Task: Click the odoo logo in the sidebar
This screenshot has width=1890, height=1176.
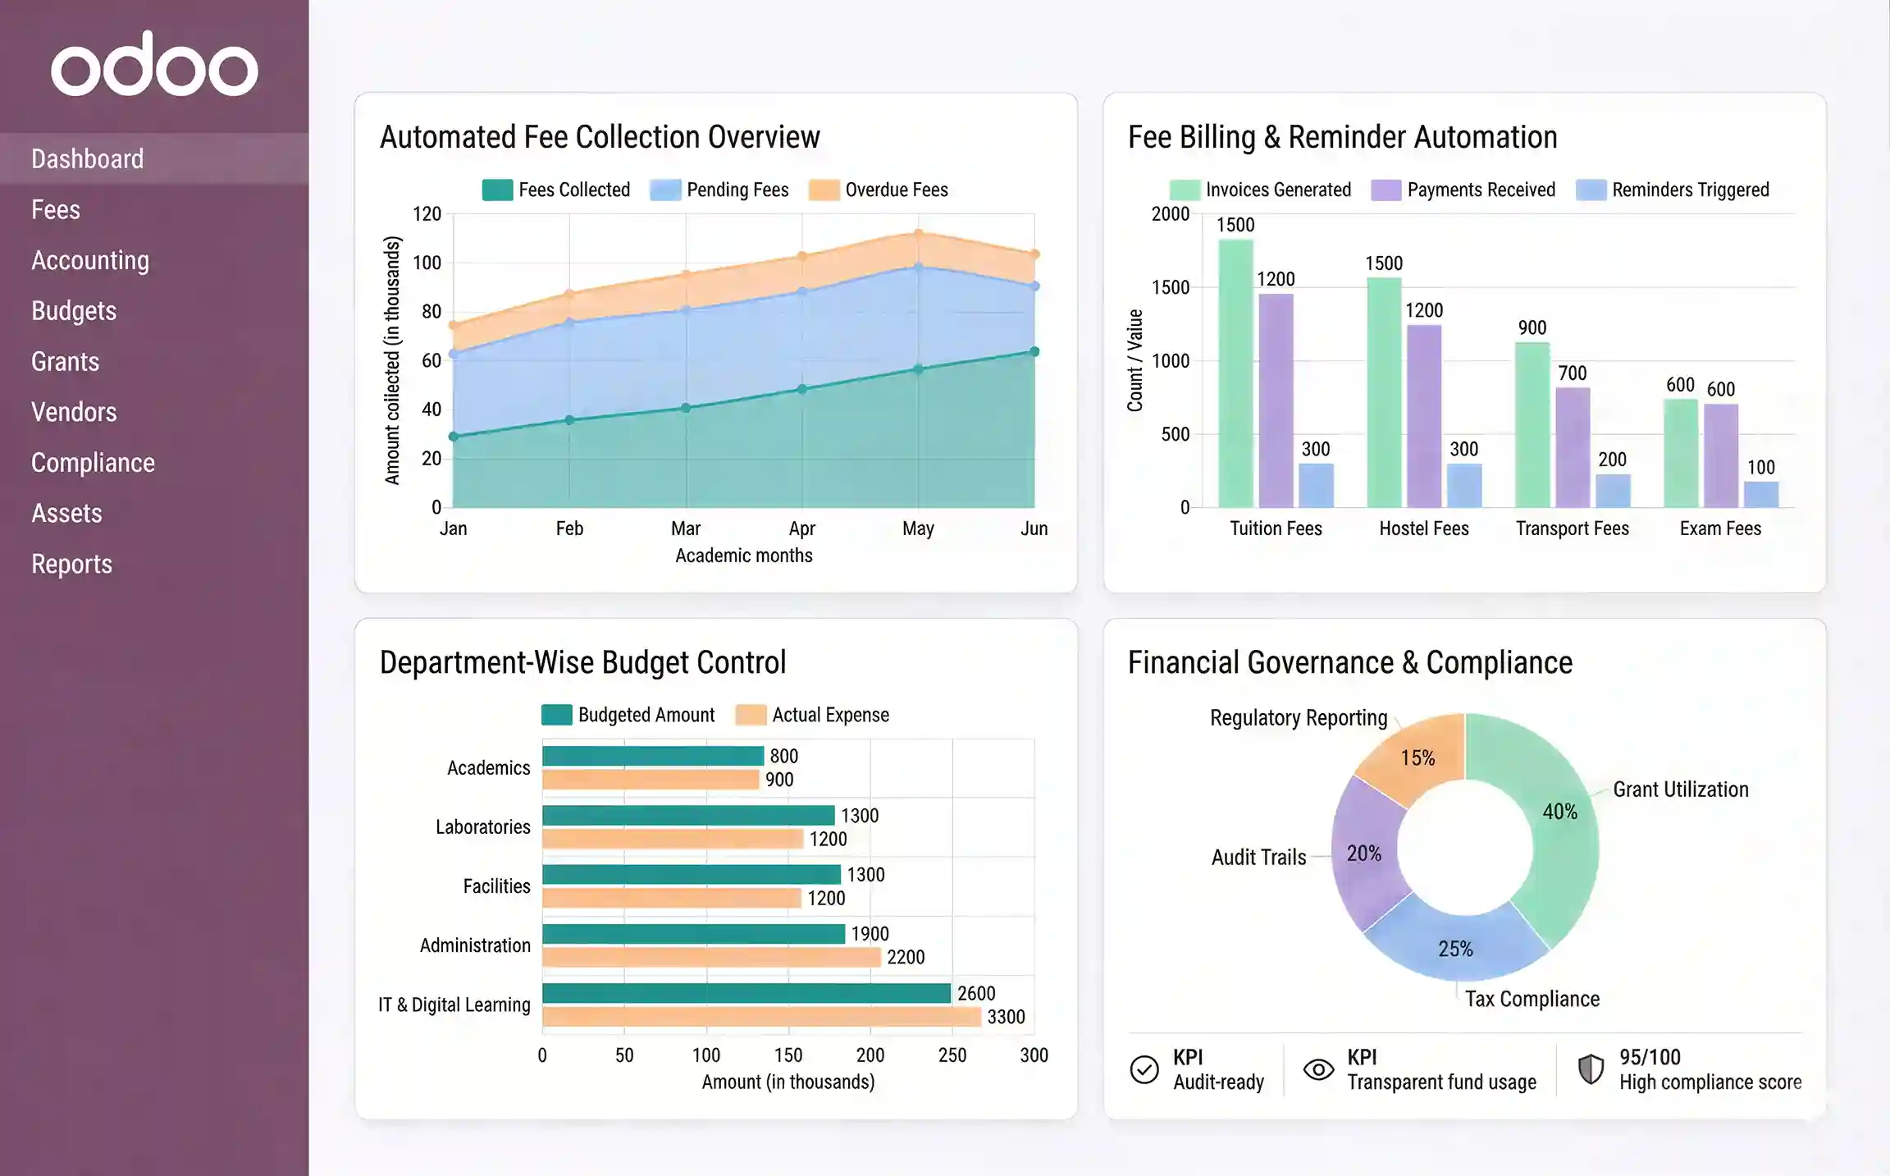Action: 154,65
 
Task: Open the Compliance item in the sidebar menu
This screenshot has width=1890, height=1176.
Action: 93,463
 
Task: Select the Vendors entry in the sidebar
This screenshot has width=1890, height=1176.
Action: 74,412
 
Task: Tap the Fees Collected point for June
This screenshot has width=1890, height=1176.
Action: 1034,351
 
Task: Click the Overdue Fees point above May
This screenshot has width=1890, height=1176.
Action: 918,234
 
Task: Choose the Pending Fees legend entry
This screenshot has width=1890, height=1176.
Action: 719,190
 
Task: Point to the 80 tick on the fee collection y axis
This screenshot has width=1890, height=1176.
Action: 431,312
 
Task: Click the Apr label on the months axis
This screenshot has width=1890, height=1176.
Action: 801,529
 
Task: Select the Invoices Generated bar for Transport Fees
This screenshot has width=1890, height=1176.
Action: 1532,425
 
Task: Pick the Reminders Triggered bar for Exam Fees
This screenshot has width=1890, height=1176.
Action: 1760,494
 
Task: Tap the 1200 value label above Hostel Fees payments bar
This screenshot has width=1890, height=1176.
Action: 1424,310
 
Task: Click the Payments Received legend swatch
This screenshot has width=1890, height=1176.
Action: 1386,190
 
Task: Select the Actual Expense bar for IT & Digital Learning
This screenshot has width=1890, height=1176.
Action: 761,1017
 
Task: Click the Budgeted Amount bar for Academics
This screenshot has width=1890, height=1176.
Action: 653,756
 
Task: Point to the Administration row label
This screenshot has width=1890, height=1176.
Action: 475,945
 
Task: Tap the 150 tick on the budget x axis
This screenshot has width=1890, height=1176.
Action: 787,1055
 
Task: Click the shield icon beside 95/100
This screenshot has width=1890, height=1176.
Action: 1591,1069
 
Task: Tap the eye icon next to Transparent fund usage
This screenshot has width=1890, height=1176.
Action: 1318,1069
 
